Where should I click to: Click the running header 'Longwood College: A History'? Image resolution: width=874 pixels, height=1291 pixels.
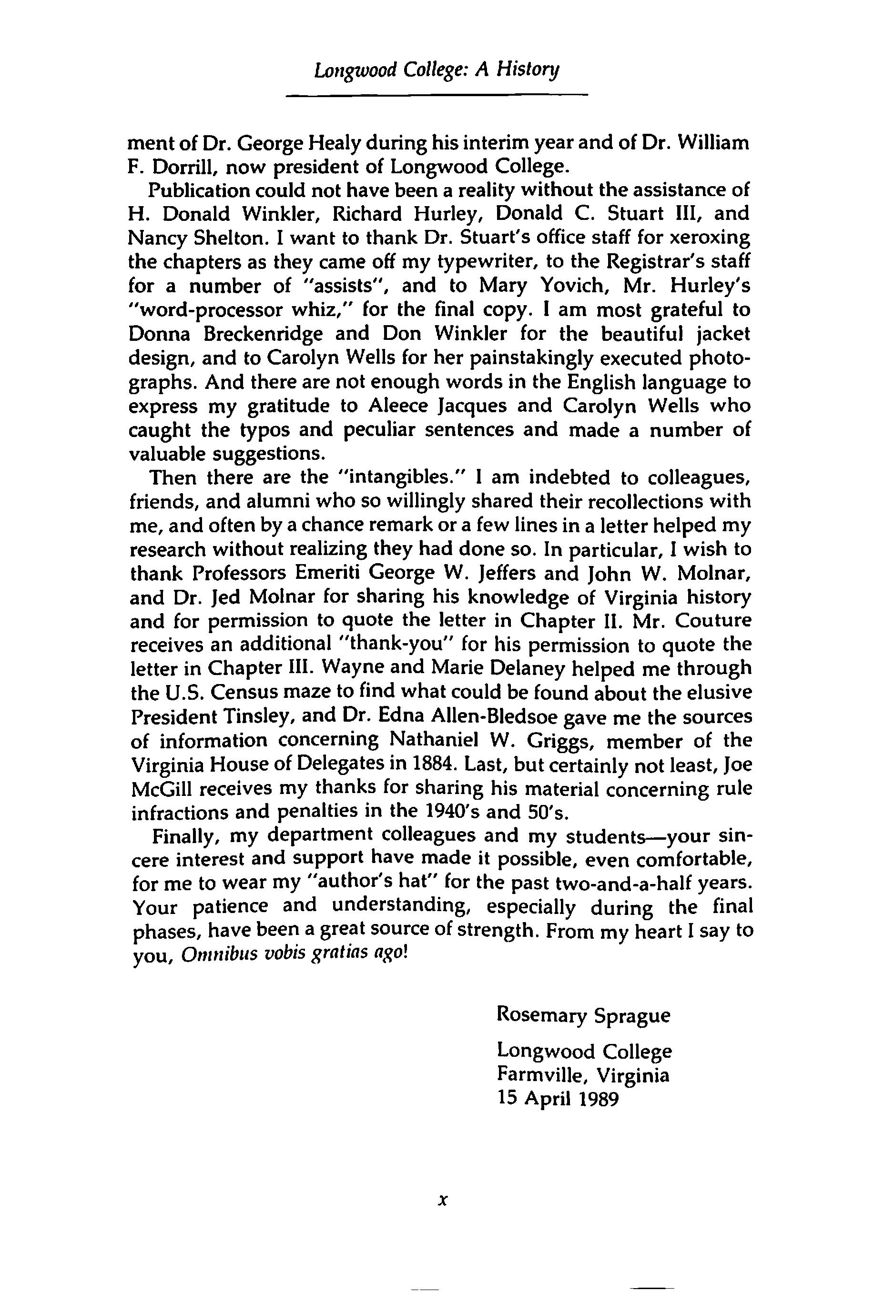coord(437,70)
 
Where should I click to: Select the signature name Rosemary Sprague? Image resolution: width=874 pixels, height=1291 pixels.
coord(583,1015)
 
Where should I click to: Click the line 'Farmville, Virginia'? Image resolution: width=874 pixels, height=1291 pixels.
coord(583,1075)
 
